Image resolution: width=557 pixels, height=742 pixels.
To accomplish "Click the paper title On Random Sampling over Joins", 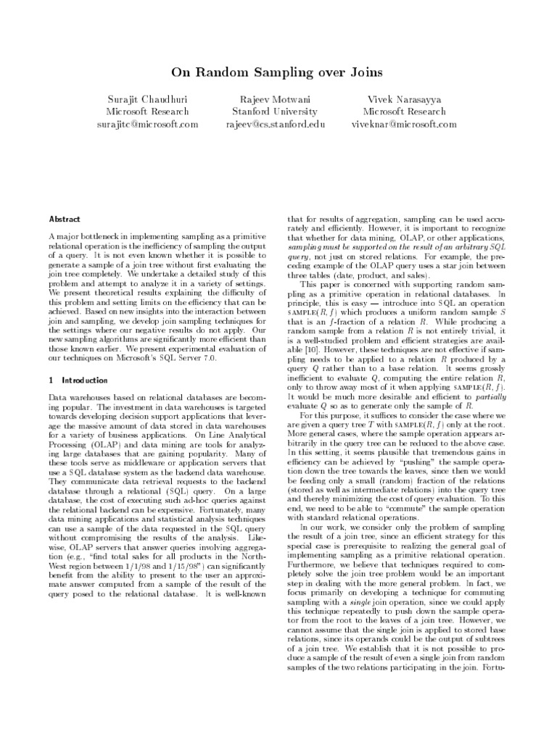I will pos(278,72).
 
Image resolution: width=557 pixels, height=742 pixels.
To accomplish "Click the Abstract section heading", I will pos(65,219).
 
